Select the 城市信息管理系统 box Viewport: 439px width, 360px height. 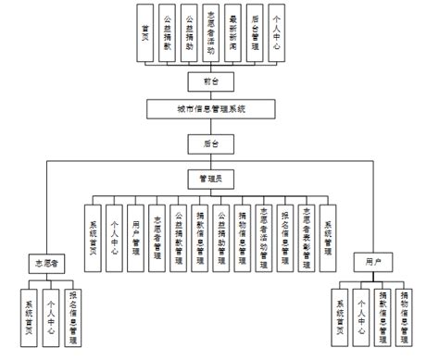pyautogui.click(x=210, y=109)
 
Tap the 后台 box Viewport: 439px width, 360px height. pyautogui.click(x=210, y=143)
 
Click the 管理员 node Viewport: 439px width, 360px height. pyautogui.click(x=210, y=176)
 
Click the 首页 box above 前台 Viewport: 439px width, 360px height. pyautogui.click(x=144, y=35)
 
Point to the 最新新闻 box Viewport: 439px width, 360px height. pyautogui.click(x=232, y=35)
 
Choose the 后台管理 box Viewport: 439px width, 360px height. pyautogui.click(x=255, y=35)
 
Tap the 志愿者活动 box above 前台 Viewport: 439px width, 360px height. pyautogui.click(x=210, y=35)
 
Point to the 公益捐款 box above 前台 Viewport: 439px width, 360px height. pyautogui.click(x=166, y=35)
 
